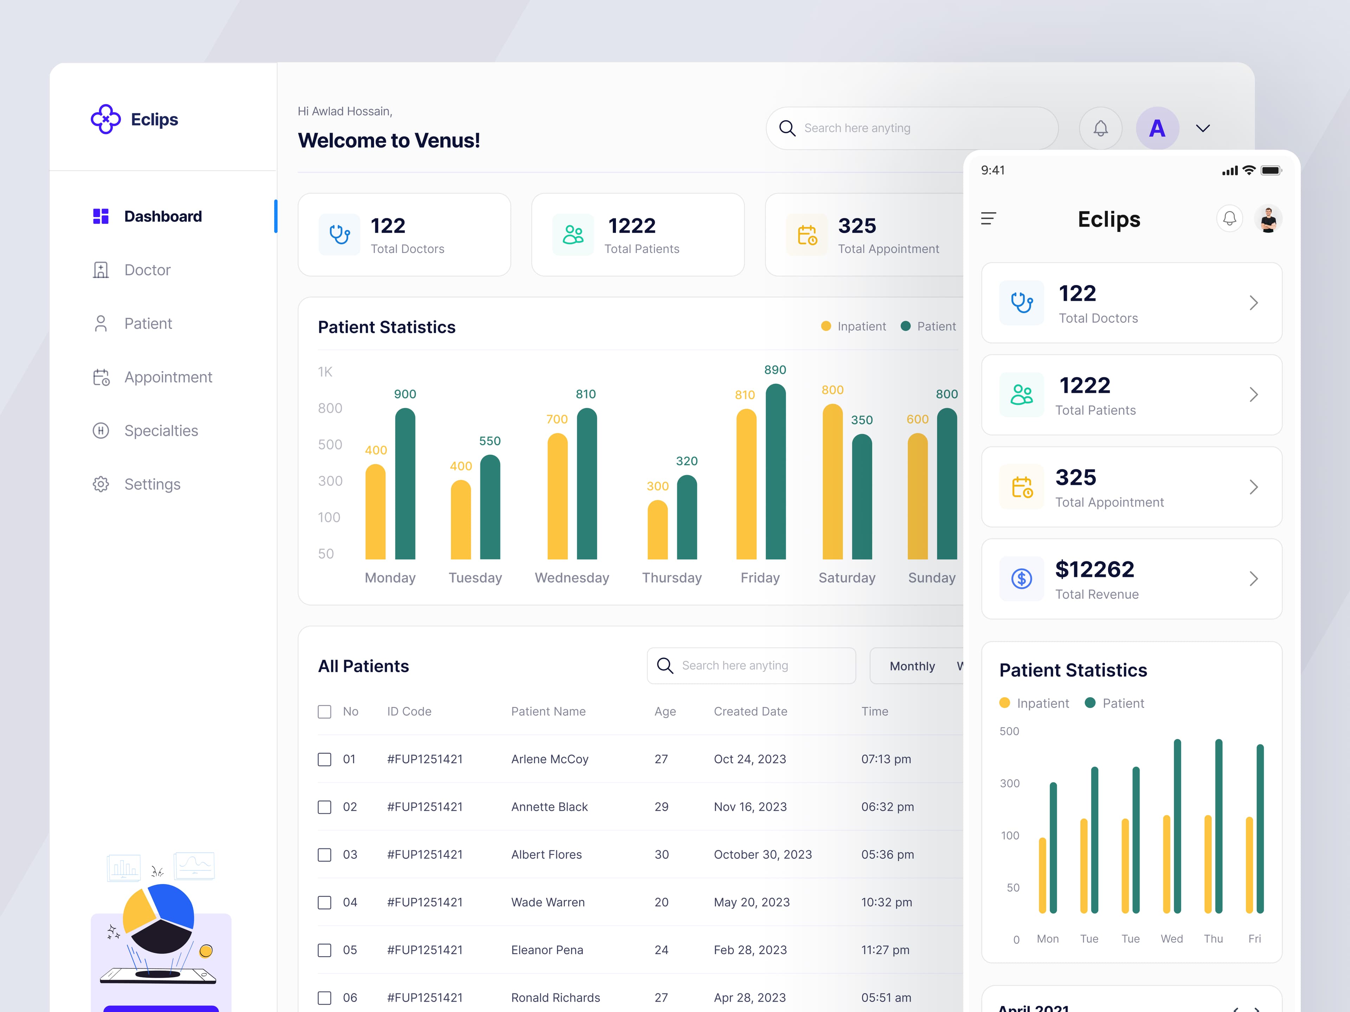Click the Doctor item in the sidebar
click(x=147, y=270)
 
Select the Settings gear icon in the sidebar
click(x=101, y=484)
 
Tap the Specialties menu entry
click(x=161, y=431)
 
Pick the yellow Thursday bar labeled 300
click(x=657, y=530)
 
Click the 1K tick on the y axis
click(x=325, y=372)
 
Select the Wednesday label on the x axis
click(x=572, y=578)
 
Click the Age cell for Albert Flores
click(x=662, y=855)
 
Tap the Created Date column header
click(x=750, y=711)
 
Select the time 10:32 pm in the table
click(x=886, y=902)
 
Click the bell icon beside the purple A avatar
click(x=1100, y=128)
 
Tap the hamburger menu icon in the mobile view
click(x=989, y=218)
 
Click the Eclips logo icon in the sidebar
click(x=105, y=119)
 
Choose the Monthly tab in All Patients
click(x=912, y=666)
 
